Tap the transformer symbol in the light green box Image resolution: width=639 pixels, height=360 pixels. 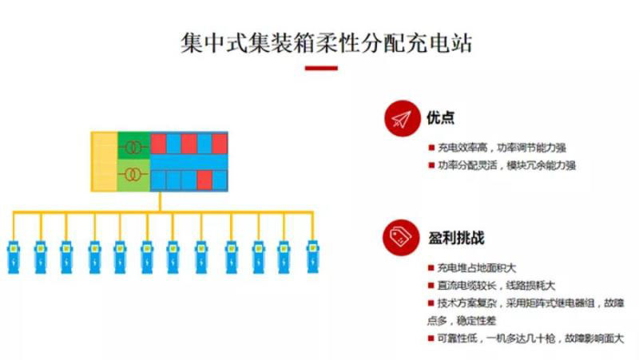(133, 175)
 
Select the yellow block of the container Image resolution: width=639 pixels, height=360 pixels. (105, 160)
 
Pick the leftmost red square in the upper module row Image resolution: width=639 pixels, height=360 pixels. (158, 144)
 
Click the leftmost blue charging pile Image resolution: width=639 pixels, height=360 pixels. (14, 255)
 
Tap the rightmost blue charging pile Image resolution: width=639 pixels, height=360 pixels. (312, 255)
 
